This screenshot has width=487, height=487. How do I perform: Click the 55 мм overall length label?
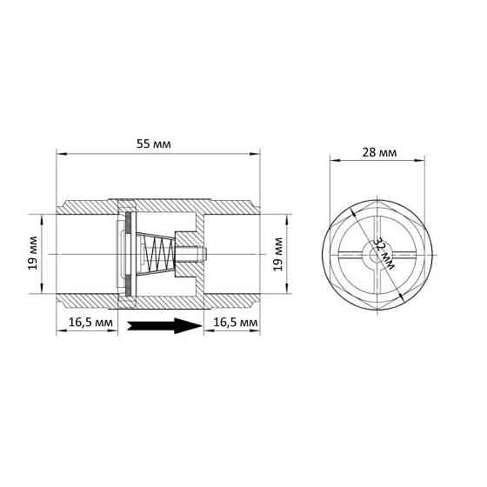(157, 143)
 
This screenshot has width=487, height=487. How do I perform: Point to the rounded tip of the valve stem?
(205, 254)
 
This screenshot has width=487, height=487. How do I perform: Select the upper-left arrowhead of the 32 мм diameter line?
(352, 211)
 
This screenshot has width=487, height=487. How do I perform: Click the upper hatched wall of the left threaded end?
(87, 209)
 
